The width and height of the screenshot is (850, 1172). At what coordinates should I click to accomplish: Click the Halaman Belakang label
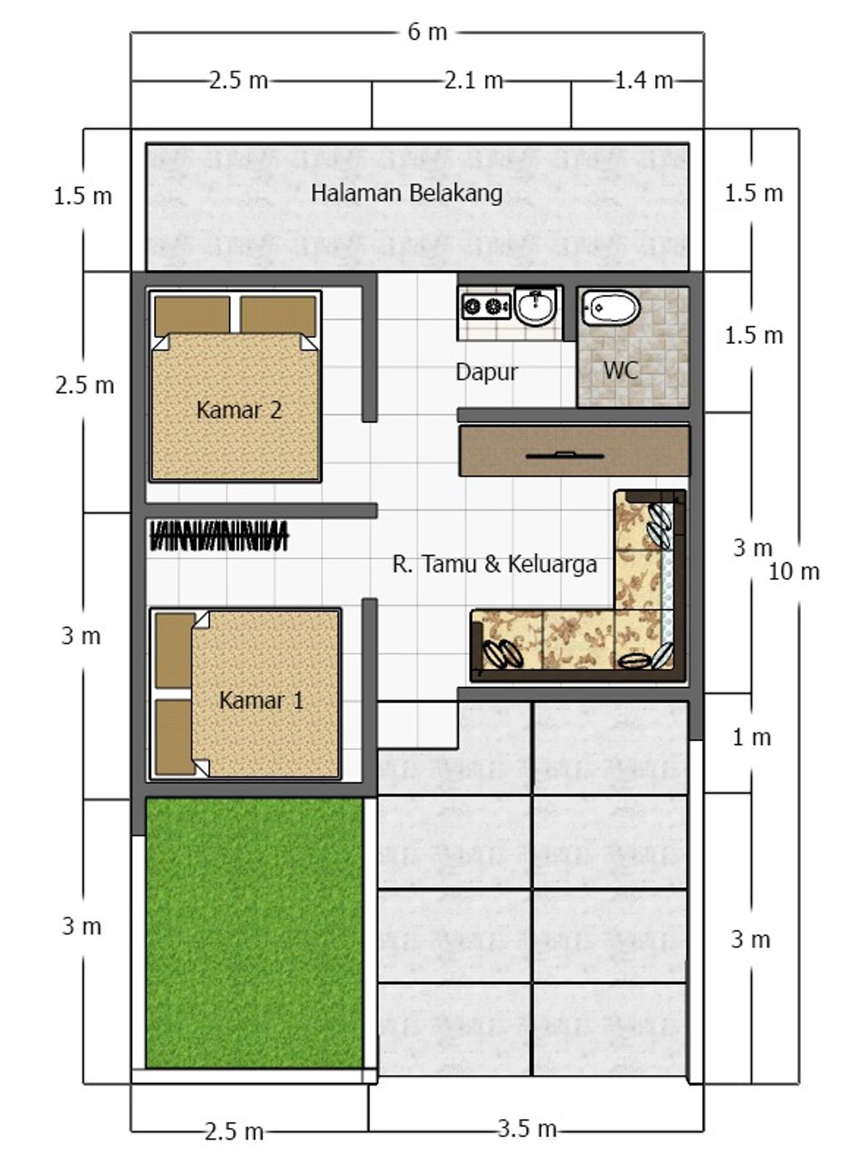click(407, 193)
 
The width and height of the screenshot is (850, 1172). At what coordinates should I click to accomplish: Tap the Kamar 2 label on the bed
click(239, 409)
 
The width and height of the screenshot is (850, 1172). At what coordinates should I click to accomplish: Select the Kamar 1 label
click(261, 700)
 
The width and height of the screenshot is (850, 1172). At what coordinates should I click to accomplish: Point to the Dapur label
click(486, 372)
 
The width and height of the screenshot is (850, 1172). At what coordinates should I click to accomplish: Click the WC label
click(621, 370)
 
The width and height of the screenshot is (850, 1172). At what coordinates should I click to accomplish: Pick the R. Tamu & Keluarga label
click(495, 565)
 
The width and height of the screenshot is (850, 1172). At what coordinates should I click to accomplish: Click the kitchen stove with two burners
click(486, 306)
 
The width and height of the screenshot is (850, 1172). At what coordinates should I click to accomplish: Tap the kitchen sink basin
click(536, 306)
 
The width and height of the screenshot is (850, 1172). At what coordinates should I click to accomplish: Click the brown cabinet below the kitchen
click(574, 451)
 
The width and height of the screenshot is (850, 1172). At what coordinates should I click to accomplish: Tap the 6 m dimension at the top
click(427, 32)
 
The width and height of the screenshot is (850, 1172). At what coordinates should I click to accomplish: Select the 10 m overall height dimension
click(794, 571)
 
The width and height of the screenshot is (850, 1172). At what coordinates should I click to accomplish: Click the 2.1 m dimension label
click(473, 81)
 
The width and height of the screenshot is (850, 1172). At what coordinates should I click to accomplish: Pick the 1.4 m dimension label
click(643, 81)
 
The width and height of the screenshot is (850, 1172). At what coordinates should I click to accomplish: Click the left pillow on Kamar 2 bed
click(193, 316)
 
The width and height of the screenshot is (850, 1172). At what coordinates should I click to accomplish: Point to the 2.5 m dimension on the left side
click(85, 385)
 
